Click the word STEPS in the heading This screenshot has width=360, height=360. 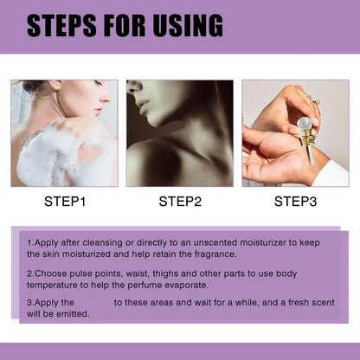61,25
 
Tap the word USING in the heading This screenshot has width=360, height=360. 188,25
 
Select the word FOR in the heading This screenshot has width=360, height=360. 125,25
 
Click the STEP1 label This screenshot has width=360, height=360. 65,202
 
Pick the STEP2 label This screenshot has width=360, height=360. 180,202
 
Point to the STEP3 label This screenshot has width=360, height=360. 295,202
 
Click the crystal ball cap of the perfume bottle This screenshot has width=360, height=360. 305,125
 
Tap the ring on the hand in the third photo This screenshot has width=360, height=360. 313,100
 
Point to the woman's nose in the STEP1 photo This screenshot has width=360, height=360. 106,98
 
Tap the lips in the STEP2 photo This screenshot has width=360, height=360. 145,106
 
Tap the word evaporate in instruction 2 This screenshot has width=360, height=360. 186,286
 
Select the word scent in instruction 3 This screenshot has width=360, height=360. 323,302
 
